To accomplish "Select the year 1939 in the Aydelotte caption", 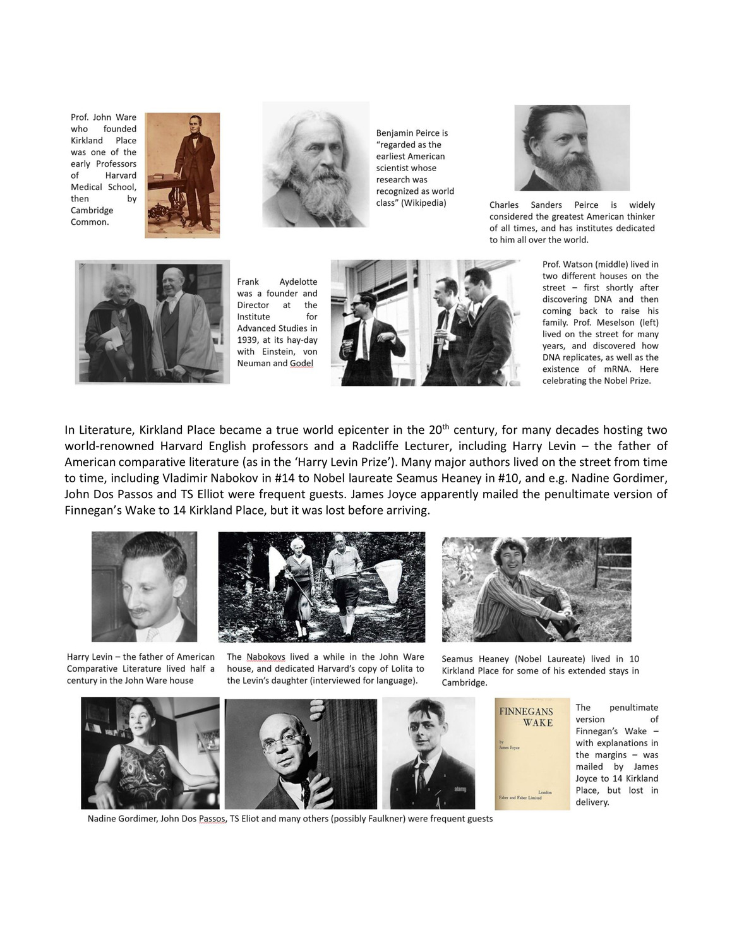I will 249,340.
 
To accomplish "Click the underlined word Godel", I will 301,363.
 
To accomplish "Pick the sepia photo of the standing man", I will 183,175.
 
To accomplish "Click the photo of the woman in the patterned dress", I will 150,753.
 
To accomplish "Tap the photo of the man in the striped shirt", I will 536,590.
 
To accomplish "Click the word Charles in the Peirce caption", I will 503,205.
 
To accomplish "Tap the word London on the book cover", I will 544,792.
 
